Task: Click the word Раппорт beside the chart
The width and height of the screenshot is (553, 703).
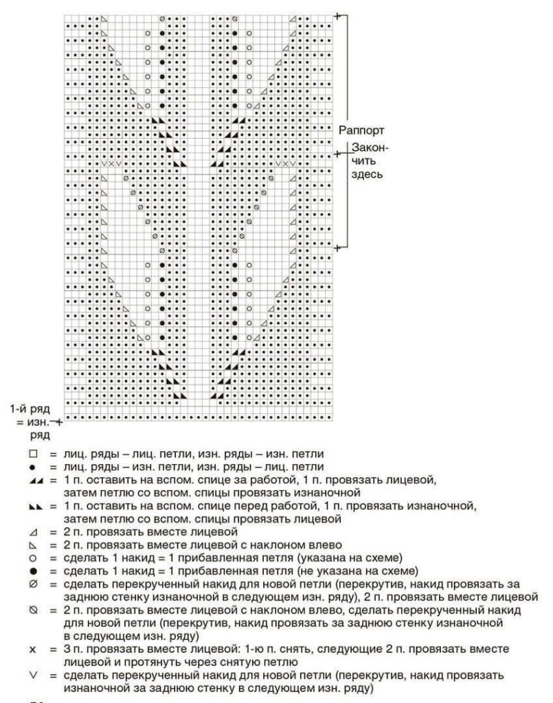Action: click(x=361, y=130)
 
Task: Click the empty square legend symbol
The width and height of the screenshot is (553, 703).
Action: click(x=32, y=454)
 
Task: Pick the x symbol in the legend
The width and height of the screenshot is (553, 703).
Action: click(x=32, y=647)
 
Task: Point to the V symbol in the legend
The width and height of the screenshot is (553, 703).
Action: click(x=32, y=674)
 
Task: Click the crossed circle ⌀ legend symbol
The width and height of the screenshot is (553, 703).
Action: click(x=32, y=584)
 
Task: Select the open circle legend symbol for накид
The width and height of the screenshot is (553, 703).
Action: click(x=32, y=557)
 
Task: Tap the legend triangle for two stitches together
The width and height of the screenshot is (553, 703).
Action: click(x=32, y=531)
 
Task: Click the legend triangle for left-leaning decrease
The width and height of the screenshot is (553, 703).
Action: click(x=32, y=544)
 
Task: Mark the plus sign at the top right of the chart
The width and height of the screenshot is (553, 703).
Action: click(x=337, y=15)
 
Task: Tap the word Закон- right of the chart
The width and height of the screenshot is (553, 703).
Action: click(x=370, y=147)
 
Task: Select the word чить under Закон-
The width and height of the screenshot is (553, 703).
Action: click(x=362, y=161)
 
